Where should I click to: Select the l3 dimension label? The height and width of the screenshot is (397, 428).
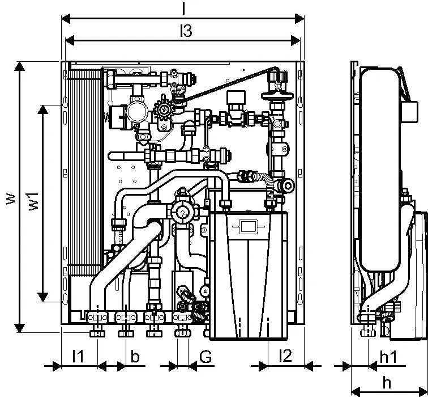click(x=186, y=31)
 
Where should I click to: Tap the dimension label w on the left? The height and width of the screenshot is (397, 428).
click(x=11, y=199)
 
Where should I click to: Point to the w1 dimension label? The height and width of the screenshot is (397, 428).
click(x=34, y=201)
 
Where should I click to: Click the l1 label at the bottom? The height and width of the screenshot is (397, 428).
click(x=78, y=356)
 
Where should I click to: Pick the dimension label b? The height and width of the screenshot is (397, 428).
click(x=135, y=356)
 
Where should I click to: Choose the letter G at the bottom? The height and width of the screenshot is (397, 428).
click(x=206, y=357)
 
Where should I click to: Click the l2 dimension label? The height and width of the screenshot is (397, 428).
click(x=285, y=356)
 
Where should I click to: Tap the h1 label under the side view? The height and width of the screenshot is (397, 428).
click(x=388, y=357)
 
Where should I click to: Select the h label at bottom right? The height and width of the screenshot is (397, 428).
click(x=387, y=383)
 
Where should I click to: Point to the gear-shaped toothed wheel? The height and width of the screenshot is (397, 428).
click(x=164, y=109)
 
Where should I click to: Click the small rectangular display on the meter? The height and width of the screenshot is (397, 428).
click(x=247, y=226)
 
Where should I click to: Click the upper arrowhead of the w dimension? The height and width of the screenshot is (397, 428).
click(x=19, y=66)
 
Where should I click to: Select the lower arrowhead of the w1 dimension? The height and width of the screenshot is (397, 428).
click(x=43, y=297)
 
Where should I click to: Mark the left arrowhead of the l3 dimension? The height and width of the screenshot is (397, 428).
click(x=70, y=41)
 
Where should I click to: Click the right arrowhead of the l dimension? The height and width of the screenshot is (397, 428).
click(x=299, y=19)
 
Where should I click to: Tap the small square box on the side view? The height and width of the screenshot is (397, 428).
click(x=409, y=112)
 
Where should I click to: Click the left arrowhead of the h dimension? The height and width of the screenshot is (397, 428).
click(x=356, y=391)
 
